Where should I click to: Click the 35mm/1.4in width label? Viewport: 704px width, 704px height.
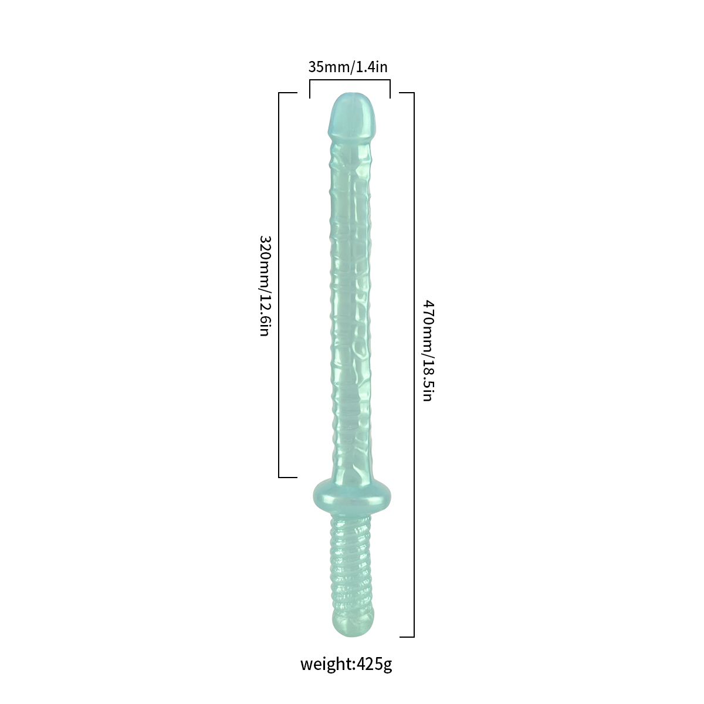point(348,67)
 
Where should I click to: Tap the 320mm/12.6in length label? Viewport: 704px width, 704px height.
point(265,286)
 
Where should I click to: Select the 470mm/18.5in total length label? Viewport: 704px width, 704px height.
point(428,351)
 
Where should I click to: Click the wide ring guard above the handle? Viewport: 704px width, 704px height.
point(352,496)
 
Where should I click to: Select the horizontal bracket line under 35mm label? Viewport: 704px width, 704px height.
point(350,80)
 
